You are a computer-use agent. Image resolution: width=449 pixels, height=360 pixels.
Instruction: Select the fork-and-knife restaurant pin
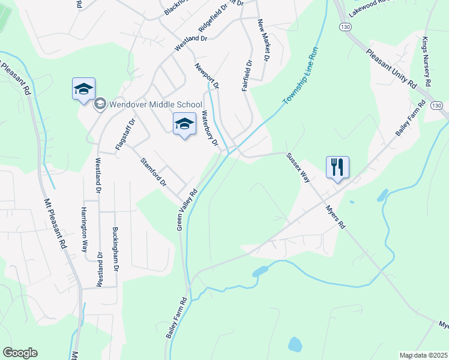337,167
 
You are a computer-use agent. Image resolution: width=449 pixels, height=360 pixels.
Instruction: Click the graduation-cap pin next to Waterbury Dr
184,124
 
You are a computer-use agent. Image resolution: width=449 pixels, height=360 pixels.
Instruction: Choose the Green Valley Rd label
187,211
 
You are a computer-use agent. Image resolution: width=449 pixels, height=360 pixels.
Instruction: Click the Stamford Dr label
152,172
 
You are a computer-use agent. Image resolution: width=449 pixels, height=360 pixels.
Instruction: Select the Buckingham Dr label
116,248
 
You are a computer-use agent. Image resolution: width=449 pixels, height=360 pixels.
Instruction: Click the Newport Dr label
207,76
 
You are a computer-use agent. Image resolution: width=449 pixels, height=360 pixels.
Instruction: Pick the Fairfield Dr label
247,75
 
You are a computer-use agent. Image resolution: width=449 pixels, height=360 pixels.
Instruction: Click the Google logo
20,353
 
